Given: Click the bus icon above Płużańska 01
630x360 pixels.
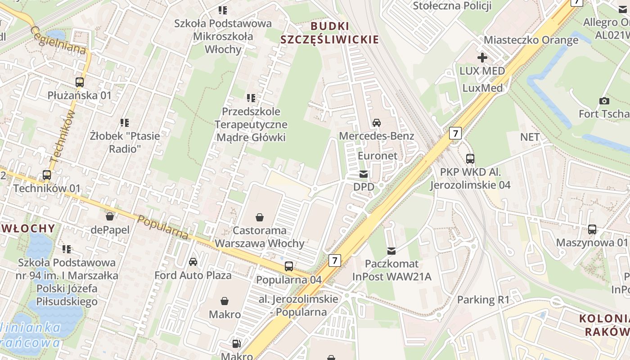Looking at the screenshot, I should [80, 82].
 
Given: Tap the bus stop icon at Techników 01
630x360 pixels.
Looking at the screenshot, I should [47, 175].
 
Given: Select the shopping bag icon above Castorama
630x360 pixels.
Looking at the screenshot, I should [260, 217].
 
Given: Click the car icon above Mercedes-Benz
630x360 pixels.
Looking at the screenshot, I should [377, 122].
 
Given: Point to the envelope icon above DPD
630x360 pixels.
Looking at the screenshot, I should [364, 174].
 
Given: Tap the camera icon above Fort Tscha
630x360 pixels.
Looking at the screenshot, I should [604, 101].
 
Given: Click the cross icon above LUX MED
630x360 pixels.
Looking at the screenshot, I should [482, 58].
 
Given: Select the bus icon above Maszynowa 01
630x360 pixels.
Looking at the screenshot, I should [592, 229].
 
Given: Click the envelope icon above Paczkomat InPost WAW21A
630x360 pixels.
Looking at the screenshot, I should [391, 251].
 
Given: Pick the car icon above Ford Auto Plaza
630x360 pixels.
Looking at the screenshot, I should [193, 262].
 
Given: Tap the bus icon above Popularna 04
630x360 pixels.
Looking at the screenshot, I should [289, 266].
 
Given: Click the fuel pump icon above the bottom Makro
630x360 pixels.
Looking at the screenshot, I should [236, 344].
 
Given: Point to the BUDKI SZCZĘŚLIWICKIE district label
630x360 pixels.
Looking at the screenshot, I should [329, 32].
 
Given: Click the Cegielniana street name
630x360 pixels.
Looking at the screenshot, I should [58, 40].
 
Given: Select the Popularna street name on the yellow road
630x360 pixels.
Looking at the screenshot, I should [162, 227].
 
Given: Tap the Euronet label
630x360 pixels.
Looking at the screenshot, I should [378, 156].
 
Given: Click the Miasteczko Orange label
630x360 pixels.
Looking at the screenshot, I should [531, 40].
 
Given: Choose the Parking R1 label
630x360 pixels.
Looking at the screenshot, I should [483, 300].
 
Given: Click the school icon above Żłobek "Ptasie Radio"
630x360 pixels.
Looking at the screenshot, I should [125, 122].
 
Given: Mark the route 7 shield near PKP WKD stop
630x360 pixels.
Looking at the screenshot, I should [455, 133].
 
